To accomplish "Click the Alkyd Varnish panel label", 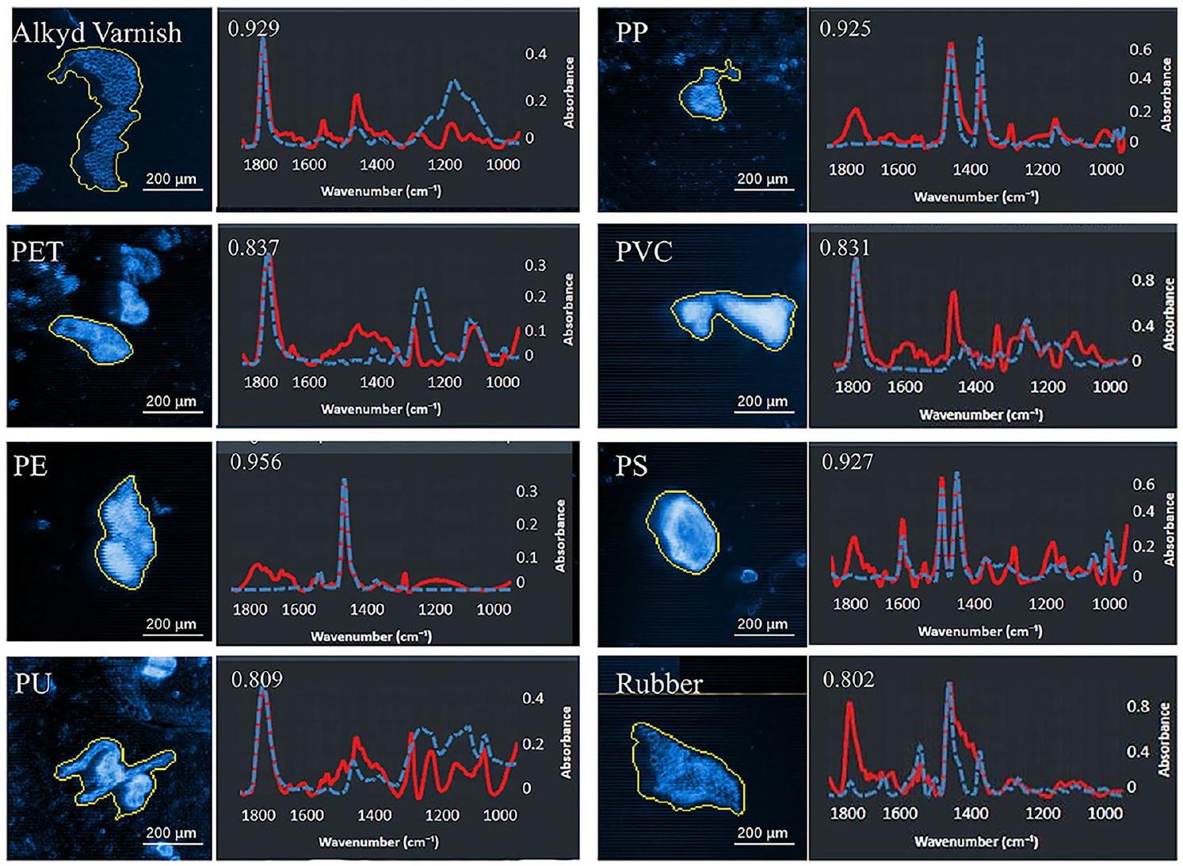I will [x=97, y=32].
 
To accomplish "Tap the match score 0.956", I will [x=255, y=462].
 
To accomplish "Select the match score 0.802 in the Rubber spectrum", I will [x=849, y=680].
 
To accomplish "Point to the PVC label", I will [x=643, y=252].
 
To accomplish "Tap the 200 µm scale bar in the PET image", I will [x=171, y=402].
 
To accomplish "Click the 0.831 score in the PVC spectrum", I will [x=845, y=248].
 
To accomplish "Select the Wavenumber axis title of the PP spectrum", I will [x=975, y=196].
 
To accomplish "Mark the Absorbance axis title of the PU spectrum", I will [x=566, y=742].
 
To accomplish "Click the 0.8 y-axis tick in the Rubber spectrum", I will [x=1138, y=706].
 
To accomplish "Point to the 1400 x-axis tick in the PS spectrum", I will [x=974, y=604].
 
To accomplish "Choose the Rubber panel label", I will [x=658, y=684].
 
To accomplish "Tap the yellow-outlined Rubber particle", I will [x=686, y=771].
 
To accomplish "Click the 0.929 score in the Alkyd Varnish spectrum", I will [x=254, y=29].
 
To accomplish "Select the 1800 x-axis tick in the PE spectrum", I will [x=250, y=609].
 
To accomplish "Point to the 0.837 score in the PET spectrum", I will [x=254, y=248].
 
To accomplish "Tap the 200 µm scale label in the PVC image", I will [x=762, y=401].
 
